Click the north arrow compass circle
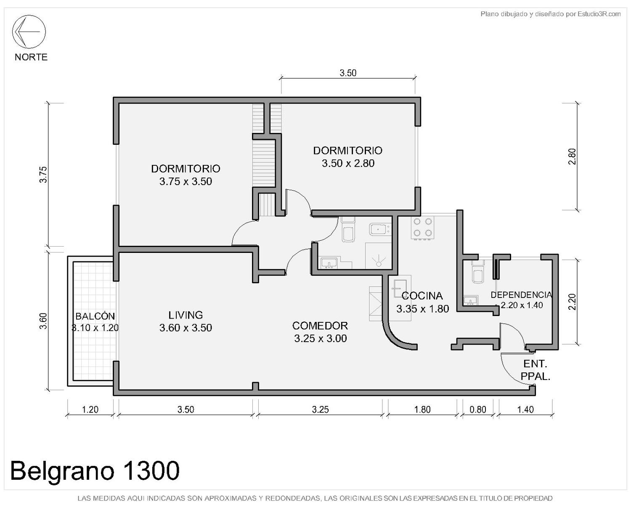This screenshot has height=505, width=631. (29, 32)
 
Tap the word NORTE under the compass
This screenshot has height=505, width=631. (31, 57)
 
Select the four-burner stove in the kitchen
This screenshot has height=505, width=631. (422, 228)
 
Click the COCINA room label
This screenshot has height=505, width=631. (422, 296)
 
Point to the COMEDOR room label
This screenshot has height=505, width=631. (320, 326)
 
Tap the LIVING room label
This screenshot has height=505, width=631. (186, 315)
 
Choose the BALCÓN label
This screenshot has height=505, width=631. (95, 316)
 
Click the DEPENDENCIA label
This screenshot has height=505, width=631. (521, 295)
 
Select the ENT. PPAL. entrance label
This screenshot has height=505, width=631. (535, 370)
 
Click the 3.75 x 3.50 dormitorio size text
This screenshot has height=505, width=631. (186, 181)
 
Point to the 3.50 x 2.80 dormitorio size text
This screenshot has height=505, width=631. (348, 163)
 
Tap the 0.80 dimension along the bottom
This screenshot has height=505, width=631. (477, 409)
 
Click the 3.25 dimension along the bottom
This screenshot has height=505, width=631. (320, 409)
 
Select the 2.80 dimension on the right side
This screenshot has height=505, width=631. (572, 157)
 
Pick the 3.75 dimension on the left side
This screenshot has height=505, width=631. (43, 175)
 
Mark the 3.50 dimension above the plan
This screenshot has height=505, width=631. (348, 73)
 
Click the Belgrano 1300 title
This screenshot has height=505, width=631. (95, 470)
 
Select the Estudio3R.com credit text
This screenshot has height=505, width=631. (551, 14)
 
